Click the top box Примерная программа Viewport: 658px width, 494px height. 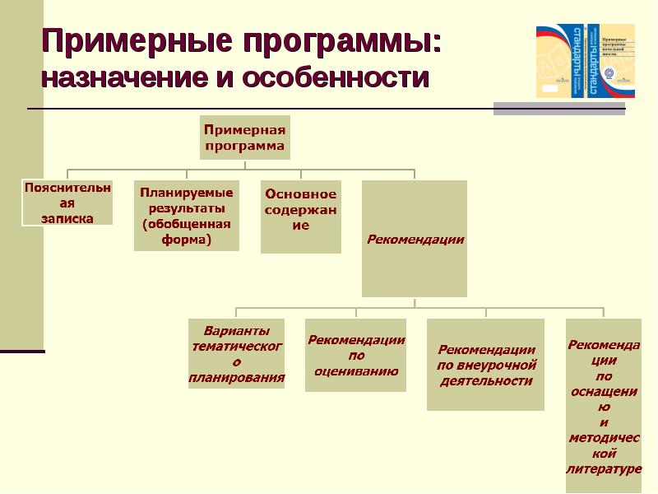(245, 137)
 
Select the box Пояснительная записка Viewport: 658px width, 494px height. (67, 203)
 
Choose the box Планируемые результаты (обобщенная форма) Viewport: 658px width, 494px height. (187, 216)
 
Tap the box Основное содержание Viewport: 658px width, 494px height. (300, 217)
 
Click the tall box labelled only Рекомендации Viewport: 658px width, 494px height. (415, 240)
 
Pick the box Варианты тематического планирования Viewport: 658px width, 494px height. (237, 354)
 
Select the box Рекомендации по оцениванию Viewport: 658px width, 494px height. (356, 355)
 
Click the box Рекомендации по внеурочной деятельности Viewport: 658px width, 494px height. (485, 365)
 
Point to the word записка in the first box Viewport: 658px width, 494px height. (67, 218)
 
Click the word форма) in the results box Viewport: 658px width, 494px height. (187, 240)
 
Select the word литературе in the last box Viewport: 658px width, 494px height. (604, 469)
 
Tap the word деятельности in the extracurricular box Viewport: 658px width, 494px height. (485, 380)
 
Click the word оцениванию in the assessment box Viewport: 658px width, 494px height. (356, 370)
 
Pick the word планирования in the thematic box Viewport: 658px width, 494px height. (237, 379)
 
